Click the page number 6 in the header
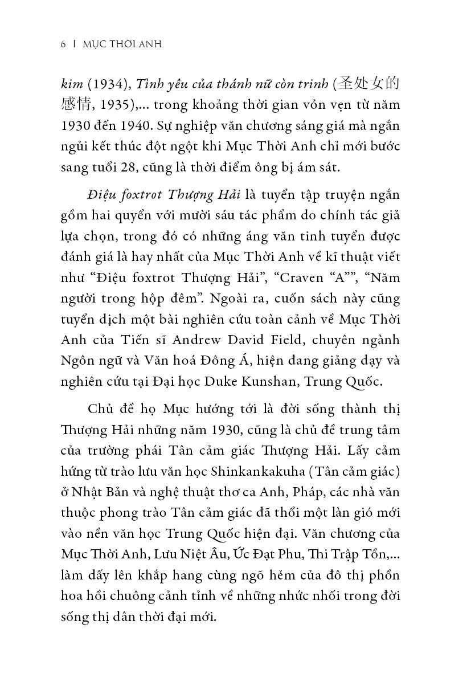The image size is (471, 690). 63,44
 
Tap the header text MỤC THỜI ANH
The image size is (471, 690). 122,44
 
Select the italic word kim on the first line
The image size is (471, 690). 71,84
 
